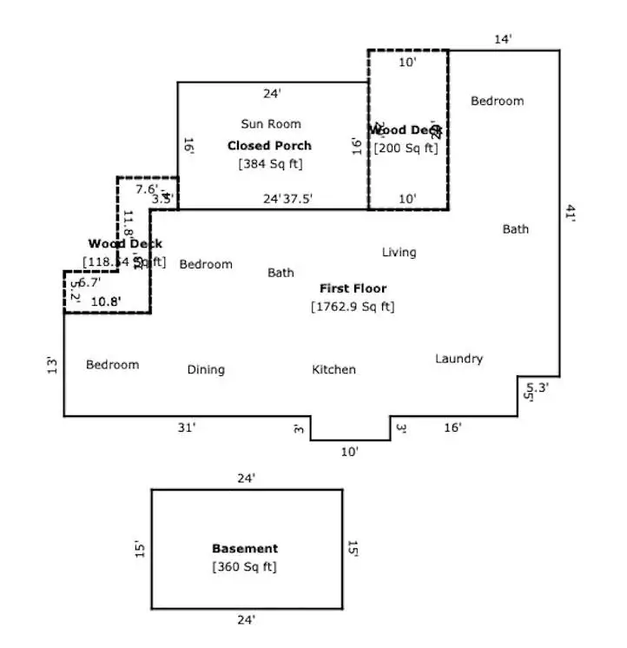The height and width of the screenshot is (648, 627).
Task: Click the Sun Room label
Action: click(x=271, y=124)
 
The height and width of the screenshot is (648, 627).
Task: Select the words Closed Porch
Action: click(x=269, y=145)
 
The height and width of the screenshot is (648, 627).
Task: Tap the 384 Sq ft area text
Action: click(x=271, y=164)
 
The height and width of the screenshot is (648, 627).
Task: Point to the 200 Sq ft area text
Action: click(x=406, y=149)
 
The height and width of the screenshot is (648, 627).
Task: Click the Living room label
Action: click(x=399, y=253)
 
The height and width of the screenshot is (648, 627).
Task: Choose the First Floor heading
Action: click(x=353, y=288)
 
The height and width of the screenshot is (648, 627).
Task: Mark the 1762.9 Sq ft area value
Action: click(x=353, y=307)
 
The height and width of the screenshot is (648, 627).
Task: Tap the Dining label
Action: click(x=206, y=370)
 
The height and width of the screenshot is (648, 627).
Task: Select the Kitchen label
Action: click(x=333, y=370)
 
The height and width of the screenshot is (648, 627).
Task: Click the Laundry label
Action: click(x=459, y=359)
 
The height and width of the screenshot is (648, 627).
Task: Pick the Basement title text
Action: click(x=245, y=549)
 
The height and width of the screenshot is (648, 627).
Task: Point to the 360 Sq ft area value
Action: click(x=245, y=567)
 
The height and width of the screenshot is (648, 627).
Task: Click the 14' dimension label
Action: click(x=504, y=39)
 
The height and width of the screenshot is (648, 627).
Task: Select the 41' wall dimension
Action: click(x=571, y=214)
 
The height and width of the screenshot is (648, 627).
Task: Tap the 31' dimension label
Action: click(x=187, y=427)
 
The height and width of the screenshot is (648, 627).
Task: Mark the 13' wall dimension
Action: click(x=52, y=366)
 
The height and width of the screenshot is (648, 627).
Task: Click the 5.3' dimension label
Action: click(x=538, y=387)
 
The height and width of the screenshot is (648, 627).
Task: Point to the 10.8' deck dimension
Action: click(x=106, y=302)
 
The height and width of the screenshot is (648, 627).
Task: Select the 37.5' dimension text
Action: click(x=298, y=199)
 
